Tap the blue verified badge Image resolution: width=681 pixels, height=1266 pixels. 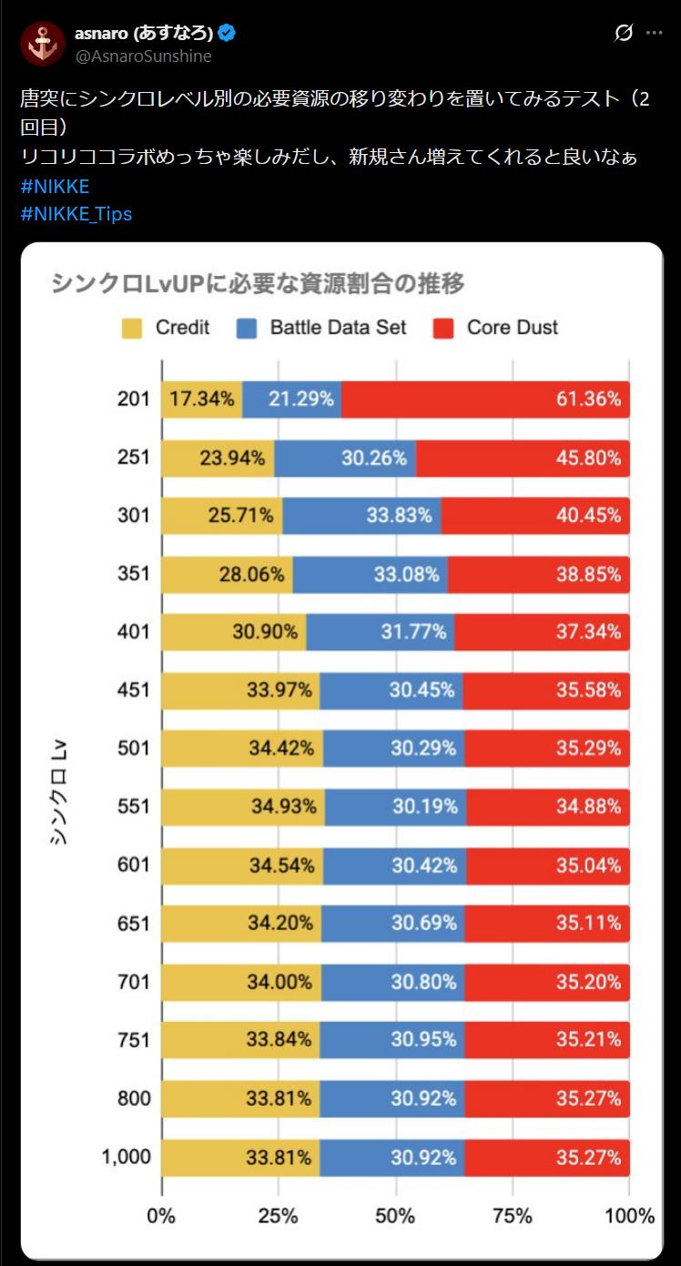pyautogui.click(x=227, y=34)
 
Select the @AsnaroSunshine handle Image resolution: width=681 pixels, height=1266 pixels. pyautogui.click(x=143, y=56)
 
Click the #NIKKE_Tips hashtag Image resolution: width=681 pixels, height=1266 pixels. pyautogui.click(x=76, y=214)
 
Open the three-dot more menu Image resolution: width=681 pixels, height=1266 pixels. pyautogui.click(x=654, y=33)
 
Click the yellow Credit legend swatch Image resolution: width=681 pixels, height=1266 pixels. pyautogui.click(x=131, y=328)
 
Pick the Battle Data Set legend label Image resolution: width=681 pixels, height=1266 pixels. pyautogui.click(x=338, y=328)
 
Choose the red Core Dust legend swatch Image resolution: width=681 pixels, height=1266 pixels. pyautogui.click(x=443, y=328)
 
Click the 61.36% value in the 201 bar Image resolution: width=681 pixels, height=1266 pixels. pyautogui.click(x=588, y=399)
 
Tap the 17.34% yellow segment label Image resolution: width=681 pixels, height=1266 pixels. pyautogui.click(x=201, y=399)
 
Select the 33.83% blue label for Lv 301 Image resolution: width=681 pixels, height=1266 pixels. pyautogui.click(x=399, y=516)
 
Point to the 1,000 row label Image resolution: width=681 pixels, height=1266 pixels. pyautogui.click(x=126, y=1157)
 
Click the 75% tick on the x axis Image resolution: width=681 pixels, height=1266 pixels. pyautogui.click(x=512, y=1216)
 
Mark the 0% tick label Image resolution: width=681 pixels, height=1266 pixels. pyautogui.click(x=161, y=1216)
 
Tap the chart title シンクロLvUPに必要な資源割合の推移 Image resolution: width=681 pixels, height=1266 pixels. pyautogui.click(x=258, y=284)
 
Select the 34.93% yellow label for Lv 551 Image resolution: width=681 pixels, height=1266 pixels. pyautogui.click(x=284, y=806)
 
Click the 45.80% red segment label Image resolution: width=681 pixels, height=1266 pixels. pyautogui.click(x=588, y=457)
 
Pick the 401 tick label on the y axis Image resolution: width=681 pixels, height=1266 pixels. pyautogui.click(x=133, y=631)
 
